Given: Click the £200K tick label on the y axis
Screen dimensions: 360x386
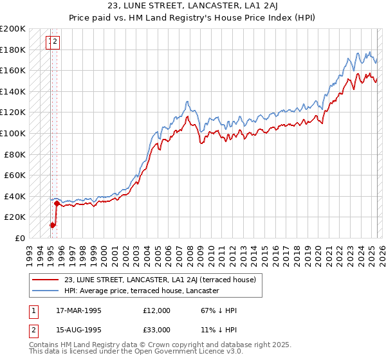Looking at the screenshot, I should click(x=13, y=29).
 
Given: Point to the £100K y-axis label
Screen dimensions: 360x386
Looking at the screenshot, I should click(x=13, y=133).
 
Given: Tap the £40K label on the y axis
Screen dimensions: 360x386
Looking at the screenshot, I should click(x=15, y=196).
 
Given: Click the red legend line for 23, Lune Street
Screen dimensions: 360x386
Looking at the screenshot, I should click(x=46, y=280).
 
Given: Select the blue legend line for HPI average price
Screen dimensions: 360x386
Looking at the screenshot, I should click(x=46, y=291).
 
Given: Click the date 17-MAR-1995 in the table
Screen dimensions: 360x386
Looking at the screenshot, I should click(x=79, y=310).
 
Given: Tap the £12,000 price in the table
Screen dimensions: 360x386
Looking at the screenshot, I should click(x=157, y=310).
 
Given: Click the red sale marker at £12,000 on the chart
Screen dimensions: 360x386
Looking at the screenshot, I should click(x=53, y=225).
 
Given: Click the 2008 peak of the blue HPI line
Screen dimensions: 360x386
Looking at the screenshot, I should click(x=187, y=102).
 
